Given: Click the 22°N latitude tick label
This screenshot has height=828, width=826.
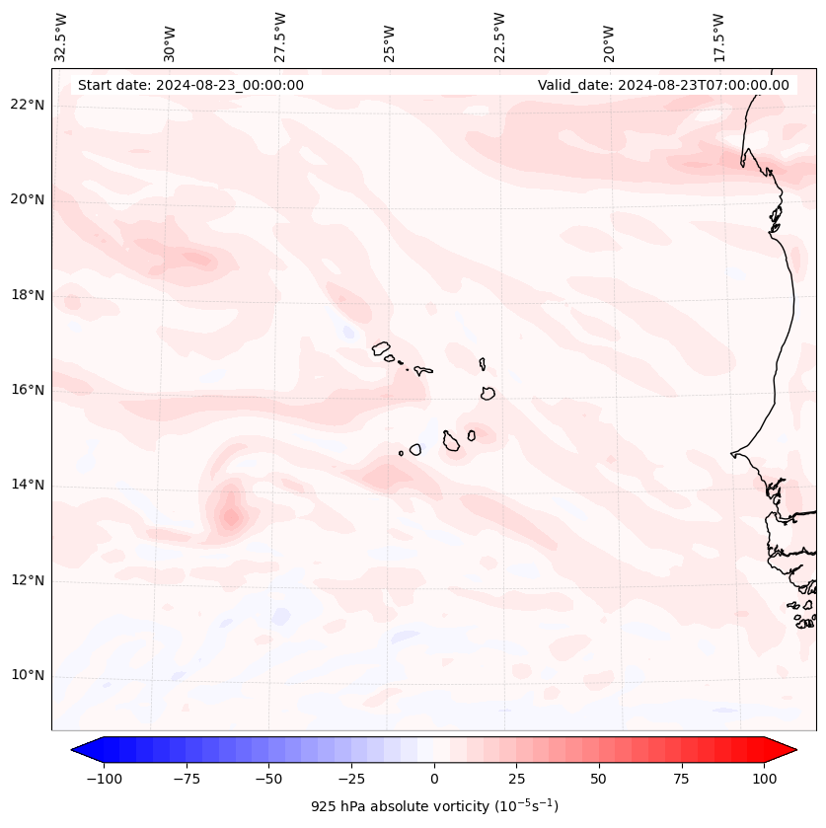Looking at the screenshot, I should [28, 106].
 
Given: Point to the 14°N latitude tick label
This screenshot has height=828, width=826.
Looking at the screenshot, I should [28, 485].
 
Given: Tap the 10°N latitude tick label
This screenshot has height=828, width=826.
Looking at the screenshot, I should [28, 676].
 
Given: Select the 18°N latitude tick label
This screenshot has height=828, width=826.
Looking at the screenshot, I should [28, 295].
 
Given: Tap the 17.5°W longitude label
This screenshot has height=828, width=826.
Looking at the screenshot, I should [718, 36].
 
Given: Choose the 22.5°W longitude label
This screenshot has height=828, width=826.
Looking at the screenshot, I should [499, 36].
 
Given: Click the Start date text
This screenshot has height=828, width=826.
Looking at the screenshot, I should [190, 85].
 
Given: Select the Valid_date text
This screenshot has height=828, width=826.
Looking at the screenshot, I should [663, 85].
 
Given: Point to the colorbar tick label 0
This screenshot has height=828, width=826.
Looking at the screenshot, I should [434, 779].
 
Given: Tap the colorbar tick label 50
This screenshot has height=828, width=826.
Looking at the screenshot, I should [599, 779].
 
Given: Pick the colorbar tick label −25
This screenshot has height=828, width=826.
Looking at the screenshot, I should [349, 779].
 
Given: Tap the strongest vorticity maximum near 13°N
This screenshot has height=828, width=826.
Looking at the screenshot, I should [230, 516].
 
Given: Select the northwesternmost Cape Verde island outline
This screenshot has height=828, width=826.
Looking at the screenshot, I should [381, 347].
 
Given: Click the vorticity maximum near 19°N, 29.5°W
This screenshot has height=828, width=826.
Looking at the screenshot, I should [197, 260].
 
